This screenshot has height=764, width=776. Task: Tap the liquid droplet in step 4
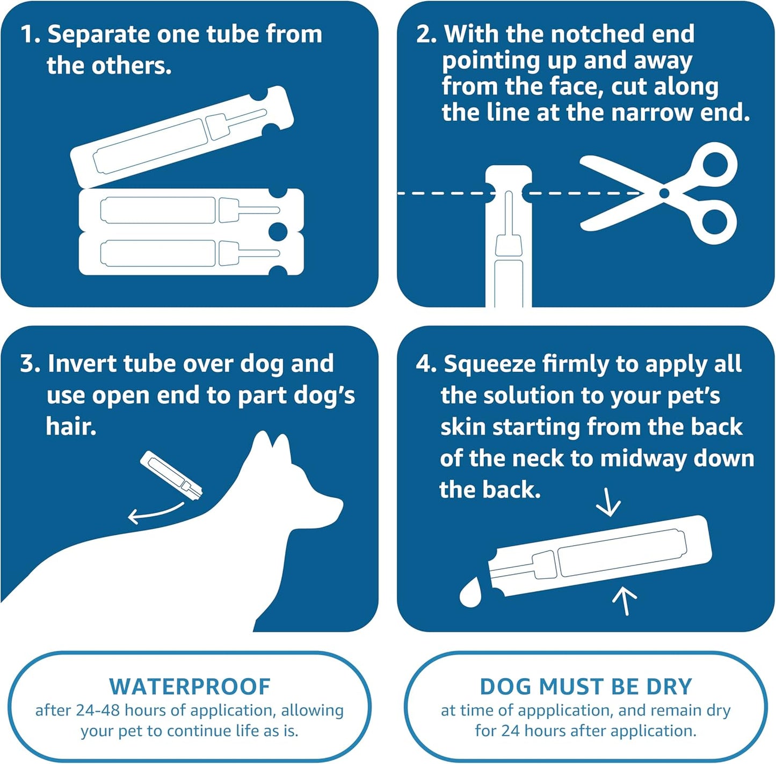click(x=471, y=593)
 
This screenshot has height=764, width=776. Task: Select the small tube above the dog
click(x=171, y=475)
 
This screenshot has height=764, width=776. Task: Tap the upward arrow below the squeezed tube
click(x=625, y=600)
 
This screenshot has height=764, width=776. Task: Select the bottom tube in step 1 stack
click(x=191, y=253)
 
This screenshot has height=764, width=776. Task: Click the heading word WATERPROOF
click(x=190, y=687)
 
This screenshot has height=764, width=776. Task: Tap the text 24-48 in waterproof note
click(x=98, y=710)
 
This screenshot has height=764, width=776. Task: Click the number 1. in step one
click(x=30, y=34)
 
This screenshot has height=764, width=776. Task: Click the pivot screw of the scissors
click(x=664, y=193)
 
